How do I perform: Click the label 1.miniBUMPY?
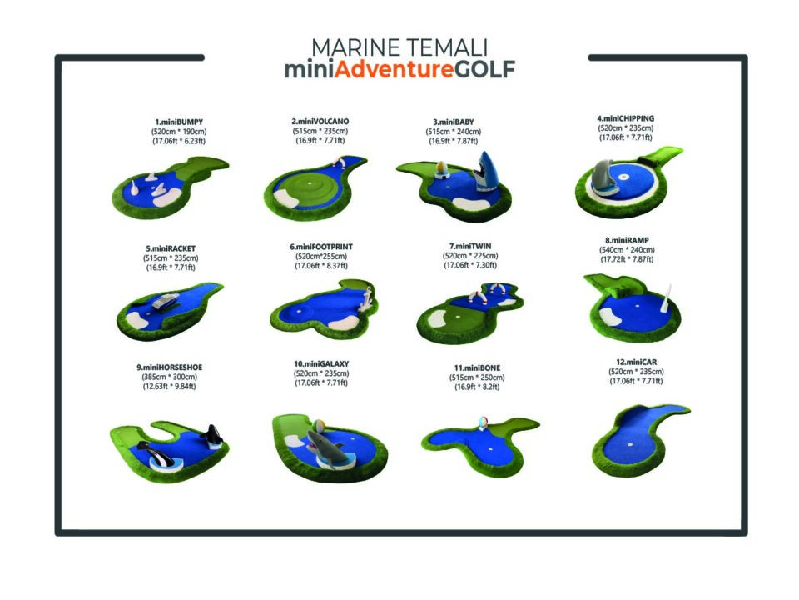(178, 122)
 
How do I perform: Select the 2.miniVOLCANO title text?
(320, 121)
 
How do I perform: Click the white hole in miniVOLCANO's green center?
(310, 183)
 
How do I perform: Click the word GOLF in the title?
(484, 70)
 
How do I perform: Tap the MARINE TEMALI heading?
(399, 47)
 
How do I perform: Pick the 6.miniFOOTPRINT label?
(321, 247)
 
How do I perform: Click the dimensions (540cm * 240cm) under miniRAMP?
(626, 250)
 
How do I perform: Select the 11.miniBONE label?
(477, 367)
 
